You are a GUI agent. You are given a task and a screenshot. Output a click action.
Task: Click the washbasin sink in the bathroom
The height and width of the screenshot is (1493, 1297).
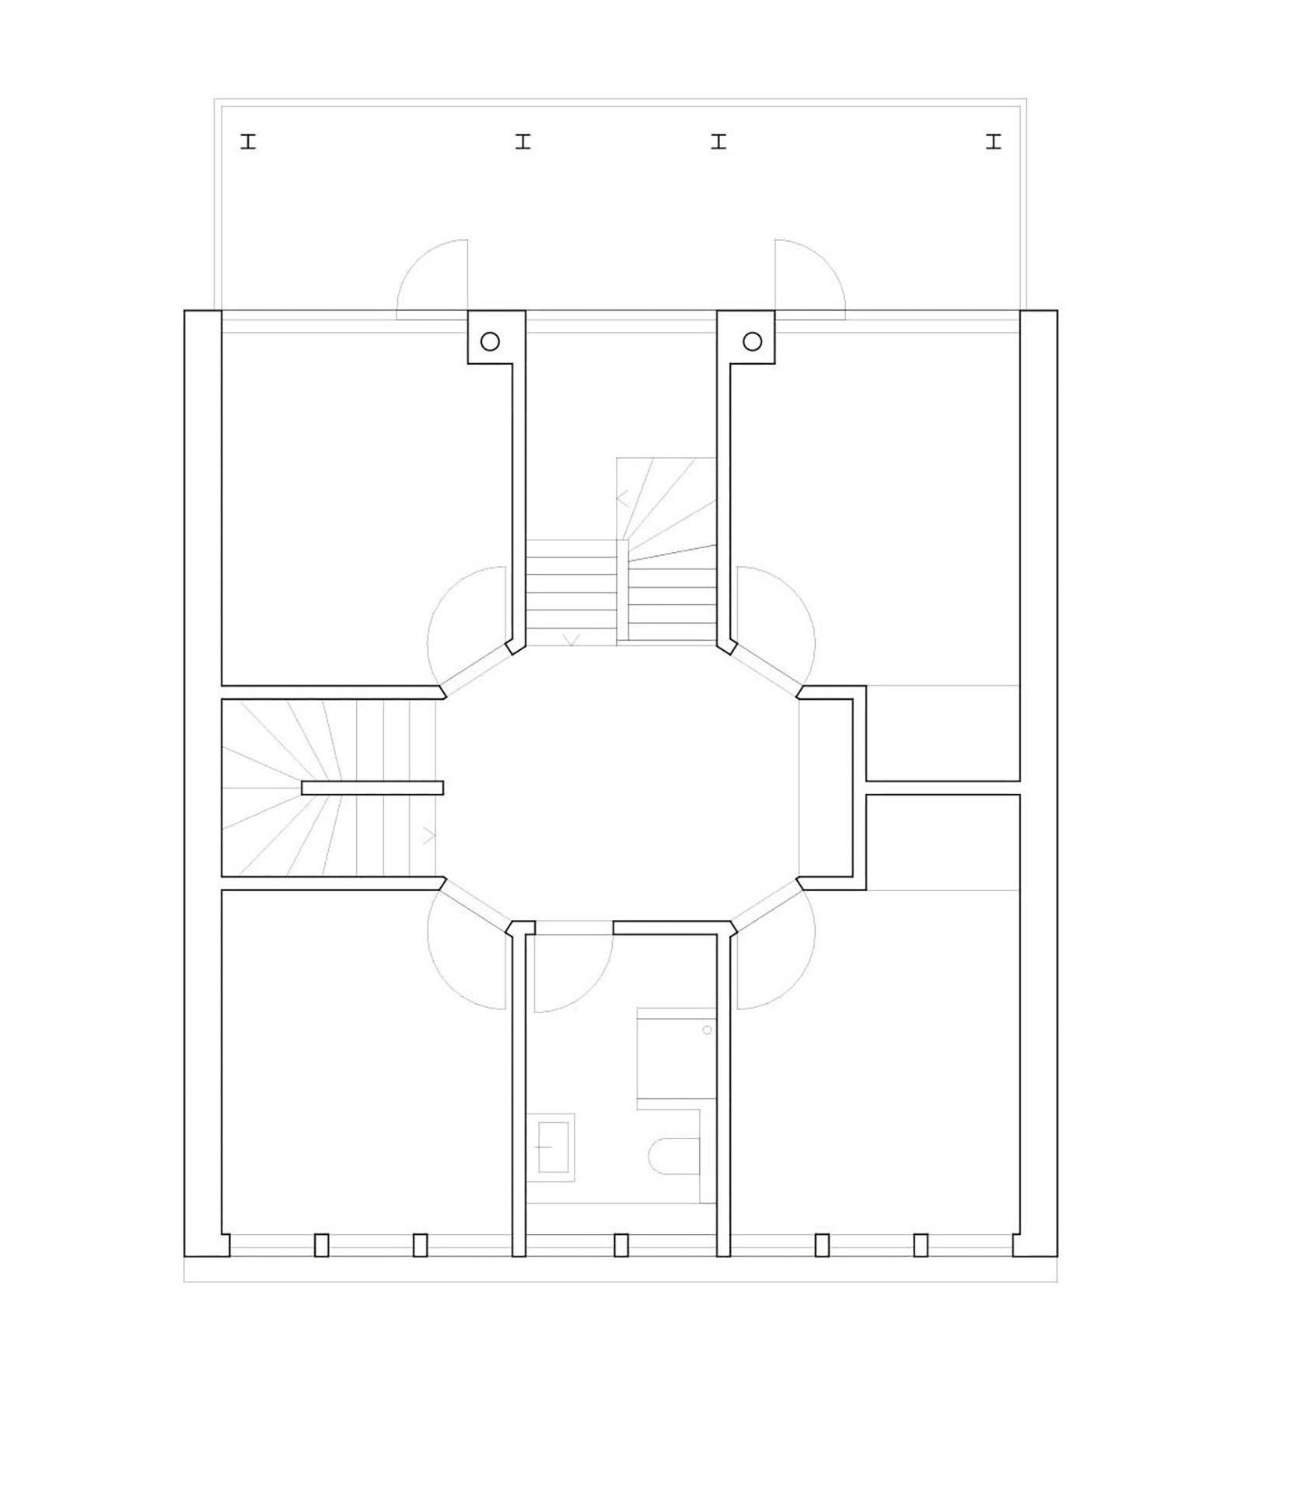(553, 1147)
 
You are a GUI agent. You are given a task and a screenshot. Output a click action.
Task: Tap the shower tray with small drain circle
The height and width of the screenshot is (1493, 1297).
(675, 1053)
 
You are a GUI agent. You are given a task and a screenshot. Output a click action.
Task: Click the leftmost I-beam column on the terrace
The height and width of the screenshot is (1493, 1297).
(248, 142)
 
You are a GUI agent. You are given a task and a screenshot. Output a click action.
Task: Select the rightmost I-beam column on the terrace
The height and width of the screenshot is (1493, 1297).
(993, 142)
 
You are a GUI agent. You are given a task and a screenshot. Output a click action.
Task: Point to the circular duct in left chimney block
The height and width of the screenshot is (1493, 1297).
(490, 341)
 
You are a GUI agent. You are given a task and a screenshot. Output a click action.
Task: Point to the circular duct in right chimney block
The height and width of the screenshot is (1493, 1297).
(752, 341)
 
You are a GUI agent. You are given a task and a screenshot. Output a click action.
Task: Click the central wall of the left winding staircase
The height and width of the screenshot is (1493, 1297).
(372, 788)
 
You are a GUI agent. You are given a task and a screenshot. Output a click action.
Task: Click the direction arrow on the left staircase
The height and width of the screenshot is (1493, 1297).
(428, 837)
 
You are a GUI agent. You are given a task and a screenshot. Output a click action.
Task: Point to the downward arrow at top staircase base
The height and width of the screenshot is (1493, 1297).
(572, 640)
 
